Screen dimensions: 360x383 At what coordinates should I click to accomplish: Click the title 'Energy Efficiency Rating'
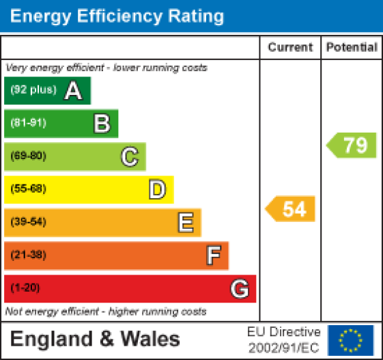click(117, 16)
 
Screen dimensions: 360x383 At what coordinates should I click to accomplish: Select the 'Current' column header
click(290, 47)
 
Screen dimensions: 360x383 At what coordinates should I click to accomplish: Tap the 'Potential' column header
click(352, 47)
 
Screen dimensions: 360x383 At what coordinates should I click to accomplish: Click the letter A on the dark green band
click(73, 91)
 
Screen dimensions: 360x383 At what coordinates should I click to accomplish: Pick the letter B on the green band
click(102, 124)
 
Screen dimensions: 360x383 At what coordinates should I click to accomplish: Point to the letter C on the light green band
click(130, 157)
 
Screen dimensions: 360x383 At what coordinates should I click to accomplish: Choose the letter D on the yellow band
click(158, 190)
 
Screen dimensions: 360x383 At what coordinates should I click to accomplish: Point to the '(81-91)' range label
click(28, 124)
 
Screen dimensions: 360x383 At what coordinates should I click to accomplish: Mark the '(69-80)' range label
click(28, 156)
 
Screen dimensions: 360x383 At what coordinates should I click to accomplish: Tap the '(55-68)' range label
click(28, 189)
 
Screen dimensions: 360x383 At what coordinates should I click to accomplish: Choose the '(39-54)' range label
click(28, 222)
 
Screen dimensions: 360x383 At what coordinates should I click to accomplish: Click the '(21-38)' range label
click(28, 255)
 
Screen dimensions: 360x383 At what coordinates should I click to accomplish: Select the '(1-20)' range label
click(25, 288)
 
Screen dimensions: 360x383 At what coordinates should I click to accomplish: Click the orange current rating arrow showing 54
click(292, 209)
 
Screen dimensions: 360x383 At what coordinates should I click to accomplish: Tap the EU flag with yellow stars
click(351, 340)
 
